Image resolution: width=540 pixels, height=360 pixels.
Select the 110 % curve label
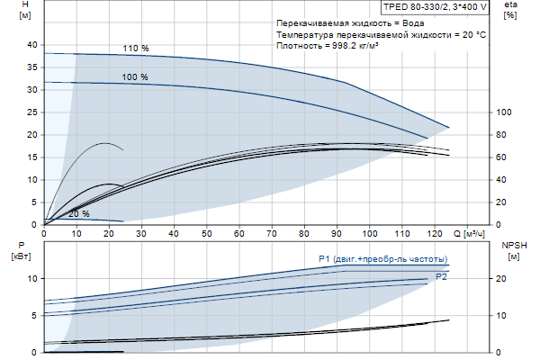[136, 48]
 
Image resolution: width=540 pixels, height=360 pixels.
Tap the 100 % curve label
[135, 77]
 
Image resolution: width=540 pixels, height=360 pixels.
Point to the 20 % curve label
[78, 214]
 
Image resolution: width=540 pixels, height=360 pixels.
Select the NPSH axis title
[512, 245]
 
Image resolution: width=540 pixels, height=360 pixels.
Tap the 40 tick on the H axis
[33, 45]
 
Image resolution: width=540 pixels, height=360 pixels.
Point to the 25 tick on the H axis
[33, 112]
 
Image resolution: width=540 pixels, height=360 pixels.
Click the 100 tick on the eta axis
[505, 112]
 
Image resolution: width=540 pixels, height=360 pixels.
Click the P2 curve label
[441, 275]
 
